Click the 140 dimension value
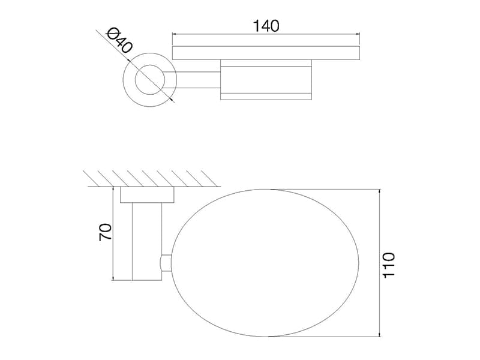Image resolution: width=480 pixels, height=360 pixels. (266, 26)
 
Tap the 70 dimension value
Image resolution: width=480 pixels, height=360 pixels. (106, 232)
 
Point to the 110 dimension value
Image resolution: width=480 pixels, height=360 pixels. (389, 265)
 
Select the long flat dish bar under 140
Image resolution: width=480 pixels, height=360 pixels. (266, 53)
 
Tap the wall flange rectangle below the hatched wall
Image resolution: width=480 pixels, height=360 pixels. (147, 194)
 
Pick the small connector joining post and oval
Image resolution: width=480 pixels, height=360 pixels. (166, 263)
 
